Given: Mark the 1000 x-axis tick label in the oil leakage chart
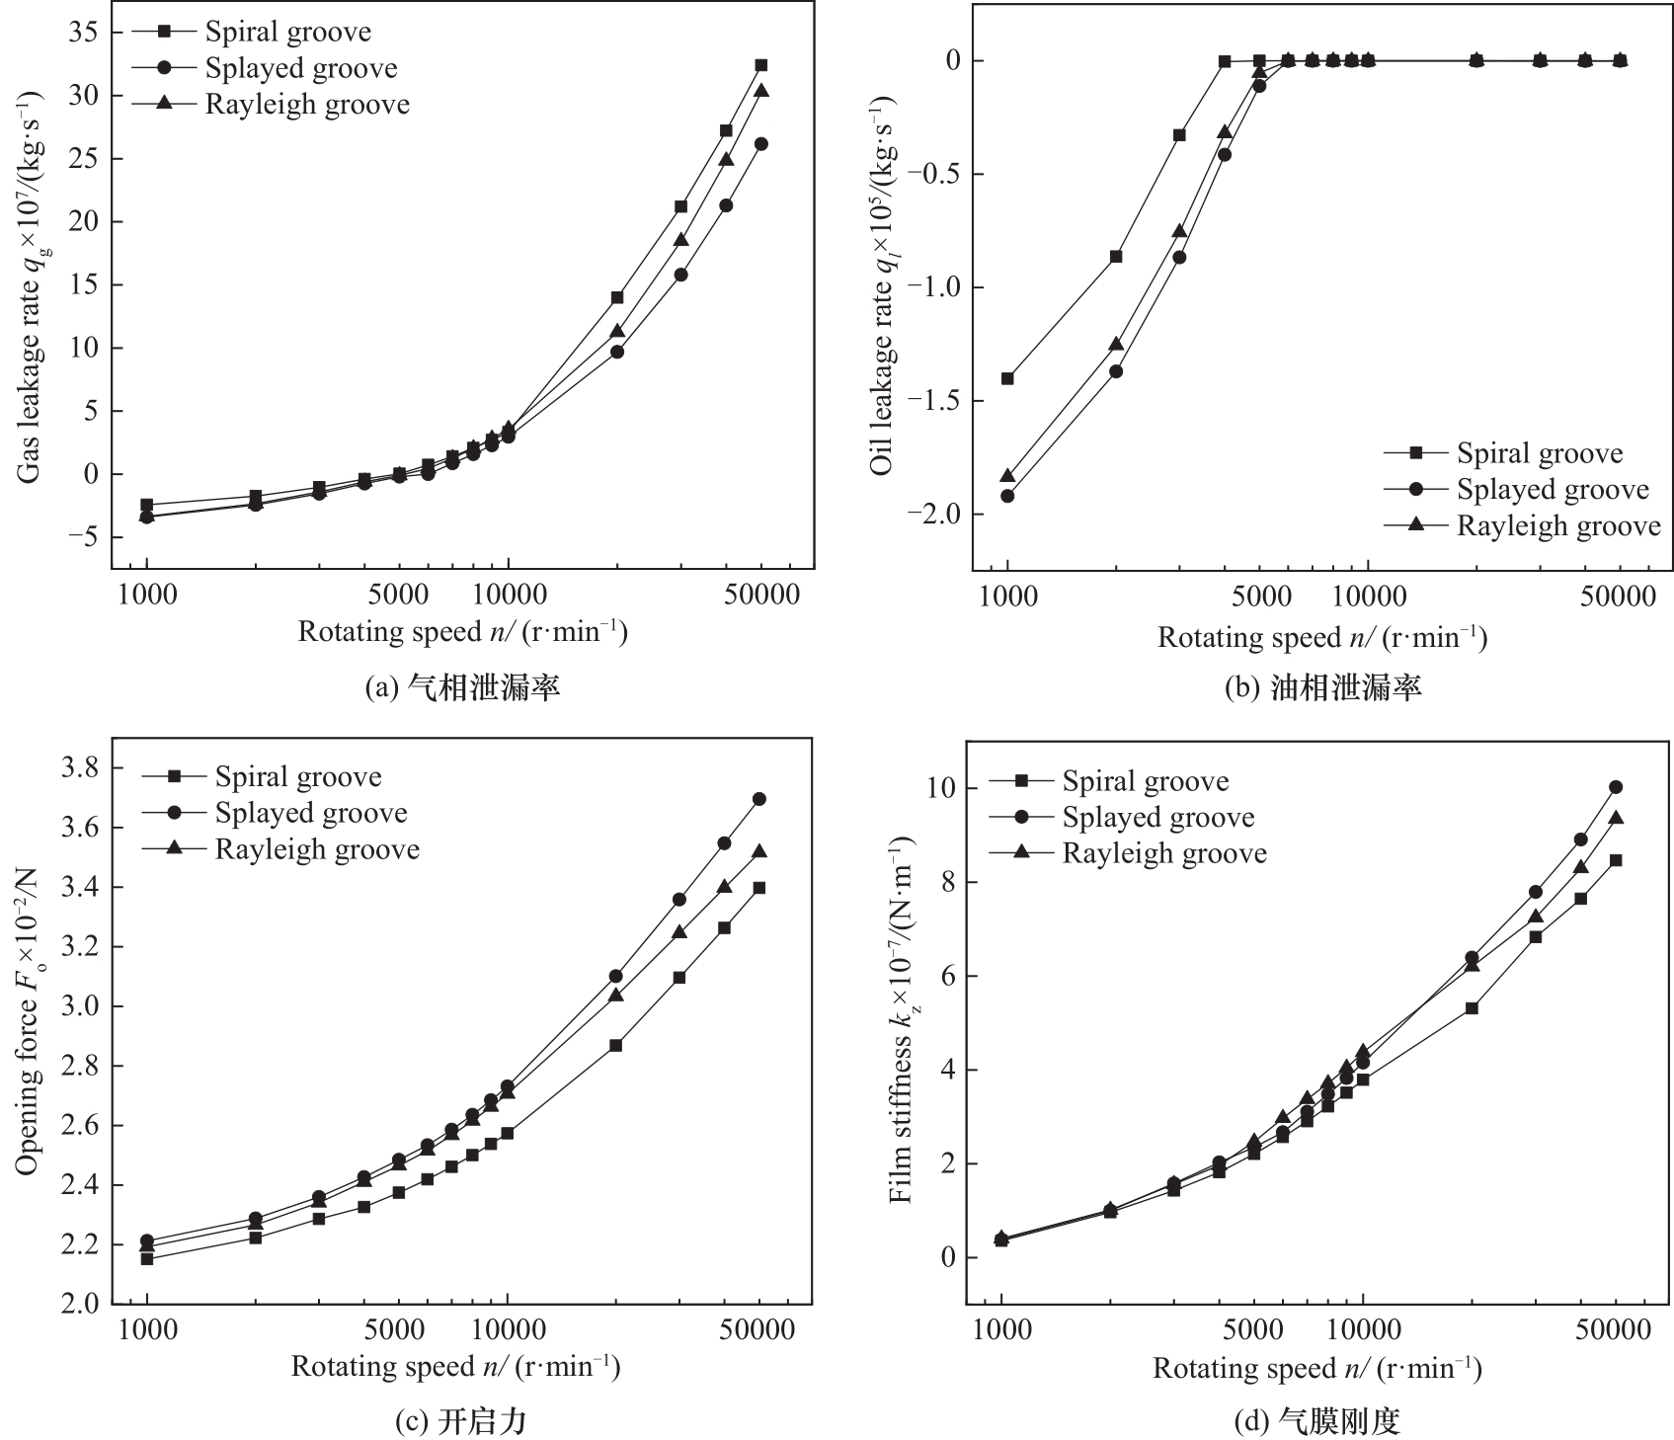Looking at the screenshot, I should pyautogui.click(x=1007, y=598).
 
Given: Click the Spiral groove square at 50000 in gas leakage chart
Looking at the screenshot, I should pyautogui.click(x=761, y=65).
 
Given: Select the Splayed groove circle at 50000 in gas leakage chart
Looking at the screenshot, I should pyautogui.click(x=761, y=144).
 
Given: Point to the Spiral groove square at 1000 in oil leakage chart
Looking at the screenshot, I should pyautogui.click(x=1007, y=378).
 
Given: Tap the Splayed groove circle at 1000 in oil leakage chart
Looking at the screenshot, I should pyautogui.click(x=1007, y=496).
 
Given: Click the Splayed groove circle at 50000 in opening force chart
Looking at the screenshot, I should pyautogui.click(x=759, y=799).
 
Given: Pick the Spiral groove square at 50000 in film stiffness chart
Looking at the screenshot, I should pyautogui.click(x=1616, y=860).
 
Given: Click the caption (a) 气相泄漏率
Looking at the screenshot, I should pyautogui.click(x=462, y=687).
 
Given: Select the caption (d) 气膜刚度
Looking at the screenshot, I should pyautogui.click(x=1318, y=1421).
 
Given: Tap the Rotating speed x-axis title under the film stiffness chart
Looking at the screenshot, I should pyautogui.click(x=1316, y=1369).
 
